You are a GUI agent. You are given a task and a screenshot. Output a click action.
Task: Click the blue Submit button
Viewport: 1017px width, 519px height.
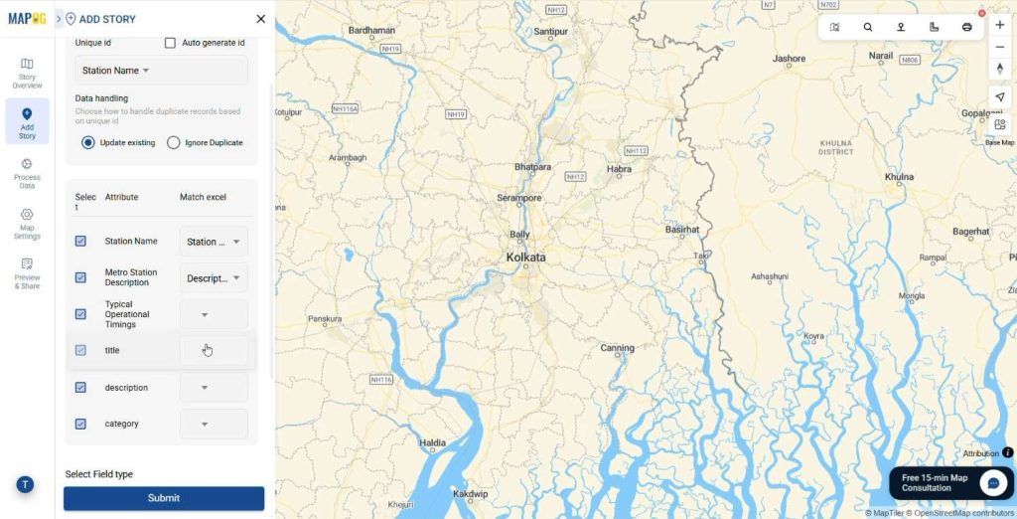pyautogui.click(x=164, y=498)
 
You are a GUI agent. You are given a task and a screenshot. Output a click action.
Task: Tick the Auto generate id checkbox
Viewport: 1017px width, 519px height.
pyautogui.click(x=171, y=43)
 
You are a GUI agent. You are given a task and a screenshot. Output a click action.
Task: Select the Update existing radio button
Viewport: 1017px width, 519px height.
pyautogui.click(x=88, y=142)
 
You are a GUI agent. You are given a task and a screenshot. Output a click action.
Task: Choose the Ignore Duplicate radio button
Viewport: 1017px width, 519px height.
pyautogui.click(x=174, y=142)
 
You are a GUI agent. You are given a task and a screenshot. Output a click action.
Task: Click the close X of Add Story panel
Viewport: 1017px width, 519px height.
pyautogui.click(x=260, y=19)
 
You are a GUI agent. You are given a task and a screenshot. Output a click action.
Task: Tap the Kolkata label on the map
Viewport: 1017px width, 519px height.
pyautogui.click(x=525, y=257)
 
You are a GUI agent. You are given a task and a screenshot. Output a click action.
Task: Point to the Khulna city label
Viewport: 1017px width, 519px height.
pyautogui.click(x=899, y=177)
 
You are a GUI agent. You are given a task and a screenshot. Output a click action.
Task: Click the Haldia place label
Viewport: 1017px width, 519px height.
pyautogui.click(x=433, y=442)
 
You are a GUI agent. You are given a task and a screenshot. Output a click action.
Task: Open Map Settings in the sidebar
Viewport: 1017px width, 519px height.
pyautogui.click(x=27, y=224)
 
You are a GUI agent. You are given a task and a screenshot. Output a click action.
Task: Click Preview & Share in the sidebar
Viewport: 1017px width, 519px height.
pyautogui.click(x=27, y=273)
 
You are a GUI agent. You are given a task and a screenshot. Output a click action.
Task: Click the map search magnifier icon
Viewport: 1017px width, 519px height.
pyautogui.click(x=868, y=27)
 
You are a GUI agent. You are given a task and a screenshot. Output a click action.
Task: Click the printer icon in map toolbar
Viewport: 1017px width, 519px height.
pyautogui.click(x=966, y=27)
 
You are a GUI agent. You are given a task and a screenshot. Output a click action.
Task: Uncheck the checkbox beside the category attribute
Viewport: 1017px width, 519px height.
pyautogui.click(x=80, y=424)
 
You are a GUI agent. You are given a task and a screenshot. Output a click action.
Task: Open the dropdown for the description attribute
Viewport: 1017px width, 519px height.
pyautogui.click(x=214, y=388)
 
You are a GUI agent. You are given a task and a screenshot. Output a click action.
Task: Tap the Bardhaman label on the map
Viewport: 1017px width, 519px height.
pyautogui.click(x=371, y=31)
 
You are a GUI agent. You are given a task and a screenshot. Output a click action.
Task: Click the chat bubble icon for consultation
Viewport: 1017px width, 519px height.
pyautogui.click(x=993, y=483)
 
